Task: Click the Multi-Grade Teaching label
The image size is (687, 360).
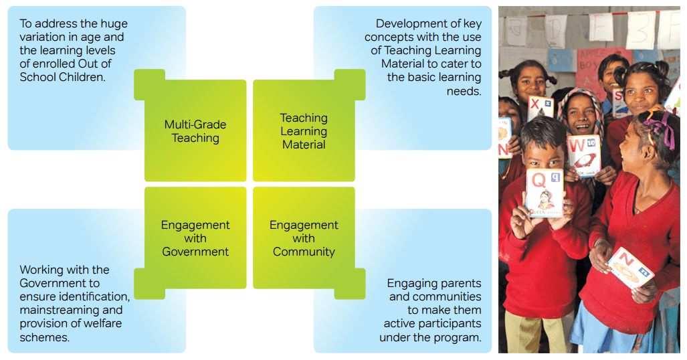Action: point(195,131)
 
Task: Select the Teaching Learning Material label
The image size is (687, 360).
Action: point(304,131)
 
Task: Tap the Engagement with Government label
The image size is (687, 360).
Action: point(195,238)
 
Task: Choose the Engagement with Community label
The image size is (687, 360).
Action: point(304,238)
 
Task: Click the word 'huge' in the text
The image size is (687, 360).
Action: point(114,23)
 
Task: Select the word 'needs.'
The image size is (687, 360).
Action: point(464,91)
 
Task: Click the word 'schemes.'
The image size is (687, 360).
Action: point(44,337)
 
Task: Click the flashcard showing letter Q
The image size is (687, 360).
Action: point(545,193)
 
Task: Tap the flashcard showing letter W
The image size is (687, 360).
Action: point(583,156)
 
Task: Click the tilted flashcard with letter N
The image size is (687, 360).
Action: point(631,268)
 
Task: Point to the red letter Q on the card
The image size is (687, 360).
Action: point(538,180)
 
